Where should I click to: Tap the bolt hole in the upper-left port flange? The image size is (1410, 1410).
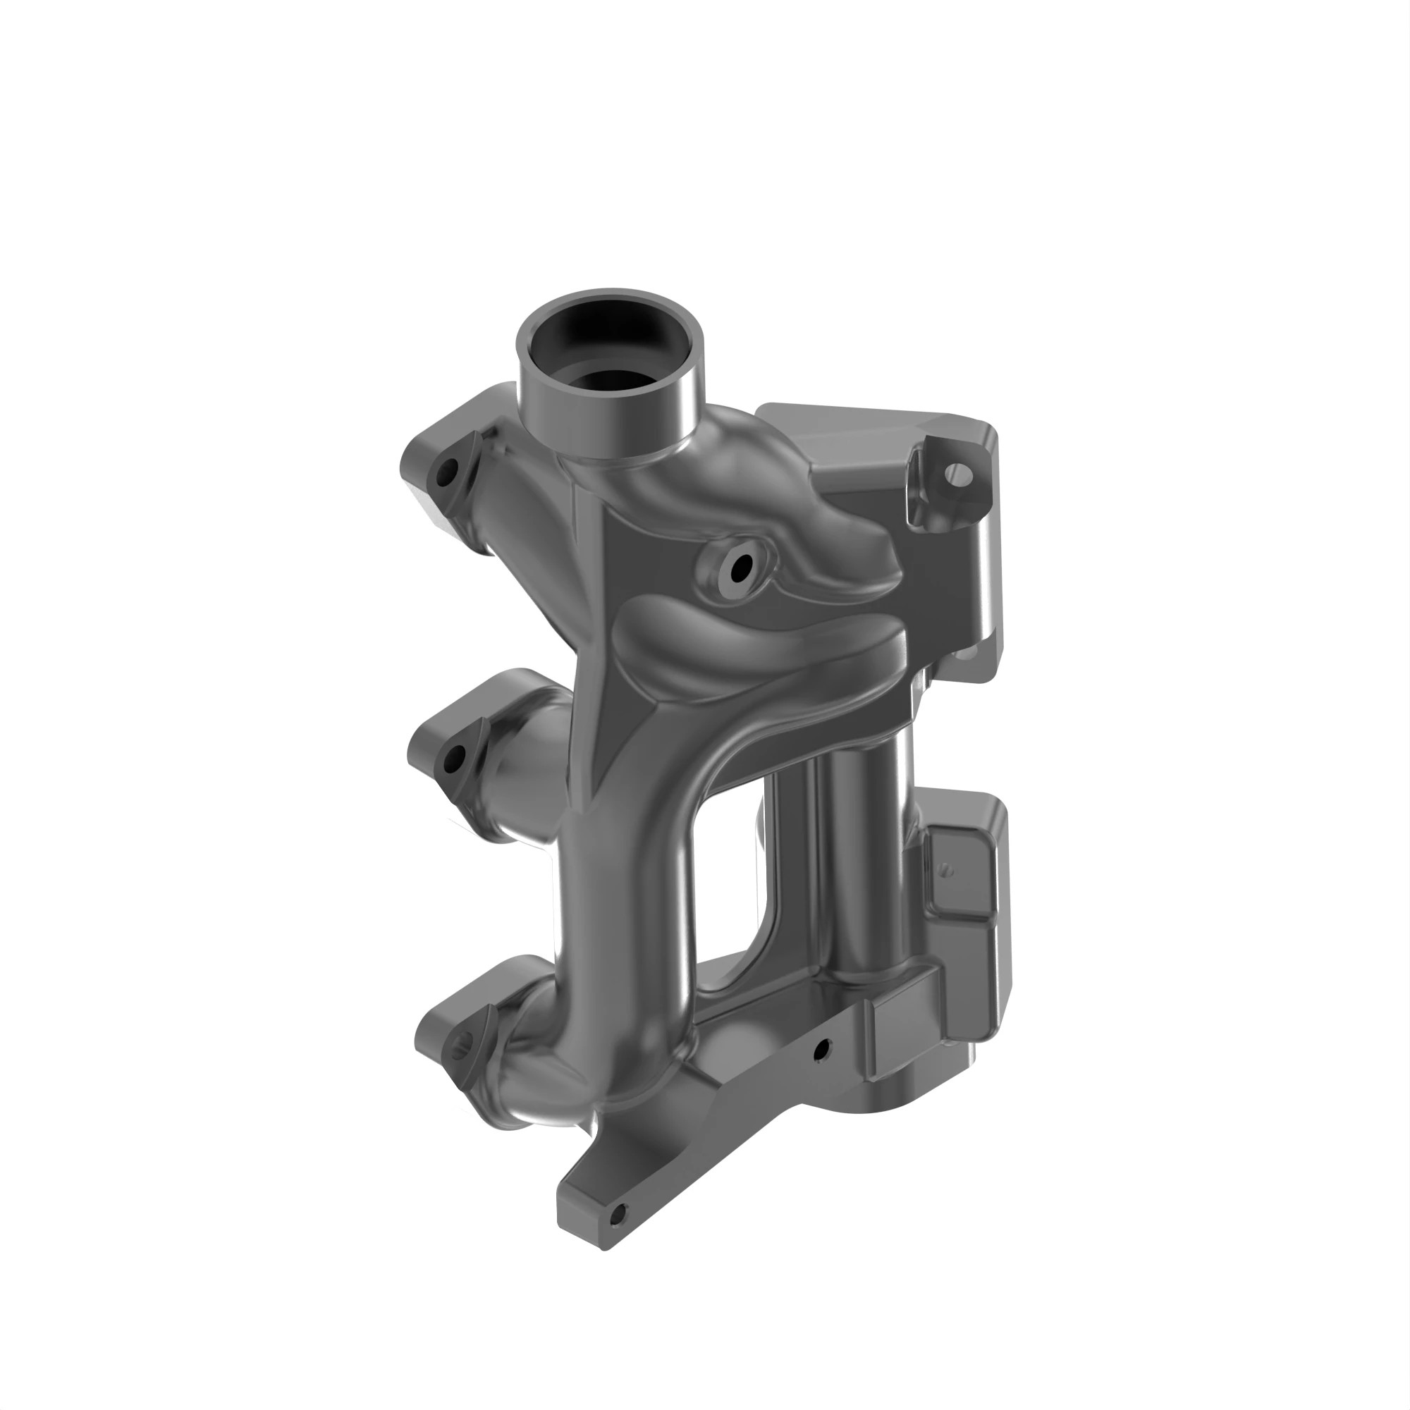(447, 475)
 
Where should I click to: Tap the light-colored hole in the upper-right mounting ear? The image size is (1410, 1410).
(958, 476)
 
